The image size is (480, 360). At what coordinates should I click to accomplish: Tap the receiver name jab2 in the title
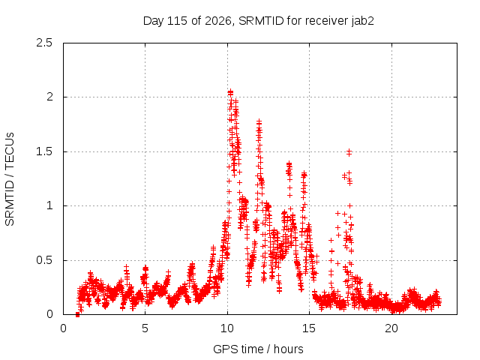[363, 21]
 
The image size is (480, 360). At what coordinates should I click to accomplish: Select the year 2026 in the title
[219, 21]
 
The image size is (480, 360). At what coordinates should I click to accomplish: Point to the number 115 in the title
[178, 21]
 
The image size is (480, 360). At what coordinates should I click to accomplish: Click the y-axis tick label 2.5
[44, 43]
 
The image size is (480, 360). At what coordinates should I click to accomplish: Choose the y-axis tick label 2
[49, 97]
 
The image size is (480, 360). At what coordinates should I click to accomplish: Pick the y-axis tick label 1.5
[44, 151]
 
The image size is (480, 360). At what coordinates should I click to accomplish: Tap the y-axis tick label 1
[49, 205]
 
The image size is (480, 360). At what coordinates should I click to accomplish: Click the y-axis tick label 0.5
[44, 260]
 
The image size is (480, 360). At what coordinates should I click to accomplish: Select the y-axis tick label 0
[49, 314]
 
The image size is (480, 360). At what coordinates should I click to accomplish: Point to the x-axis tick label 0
[63, 328]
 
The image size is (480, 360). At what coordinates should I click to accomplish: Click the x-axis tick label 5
[145, 328]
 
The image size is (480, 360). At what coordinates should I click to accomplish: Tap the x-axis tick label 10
[227, 328]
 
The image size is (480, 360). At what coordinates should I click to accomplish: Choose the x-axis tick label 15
[309, 328]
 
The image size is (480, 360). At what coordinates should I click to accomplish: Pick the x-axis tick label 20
[391, 328]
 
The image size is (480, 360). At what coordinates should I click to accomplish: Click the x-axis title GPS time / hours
[258, 349]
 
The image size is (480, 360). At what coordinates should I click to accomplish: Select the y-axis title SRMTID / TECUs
[10, 179]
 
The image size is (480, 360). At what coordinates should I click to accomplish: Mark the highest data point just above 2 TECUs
[230, 91]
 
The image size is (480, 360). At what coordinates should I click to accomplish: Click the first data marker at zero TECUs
[77, 315]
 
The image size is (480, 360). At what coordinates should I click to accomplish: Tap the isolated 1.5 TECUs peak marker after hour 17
[349, 152]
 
